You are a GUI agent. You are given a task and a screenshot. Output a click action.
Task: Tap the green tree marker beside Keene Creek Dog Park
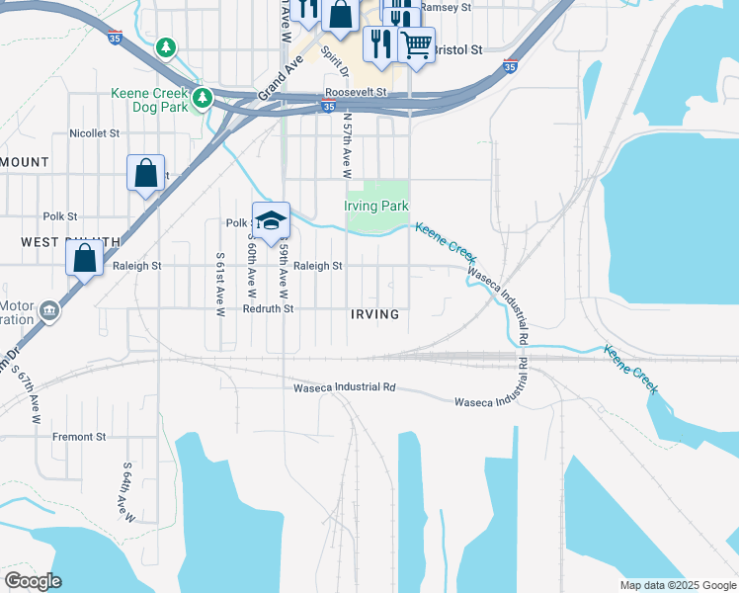tap(202, 98)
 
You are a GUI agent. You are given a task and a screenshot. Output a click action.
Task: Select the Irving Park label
tap(375, 207)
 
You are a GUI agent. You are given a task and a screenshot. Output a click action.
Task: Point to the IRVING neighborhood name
tap(374, 314)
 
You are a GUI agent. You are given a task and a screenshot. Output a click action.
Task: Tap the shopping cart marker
tap(416, 44)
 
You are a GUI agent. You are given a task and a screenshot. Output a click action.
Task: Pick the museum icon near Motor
tap(48, 313)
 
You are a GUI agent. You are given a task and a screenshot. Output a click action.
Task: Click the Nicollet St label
tap(94, 132)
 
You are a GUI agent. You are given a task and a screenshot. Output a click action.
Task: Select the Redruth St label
tap(269, 308)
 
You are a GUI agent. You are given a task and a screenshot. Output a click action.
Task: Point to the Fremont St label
tap(79, 436)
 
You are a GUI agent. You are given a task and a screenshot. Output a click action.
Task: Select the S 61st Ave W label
tap(220, 283)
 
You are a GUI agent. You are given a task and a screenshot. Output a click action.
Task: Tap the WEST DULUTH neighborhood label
tap(70, 242)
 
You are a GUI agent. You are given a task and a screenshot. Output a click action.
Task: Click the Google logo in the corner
tap(33, 581)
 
